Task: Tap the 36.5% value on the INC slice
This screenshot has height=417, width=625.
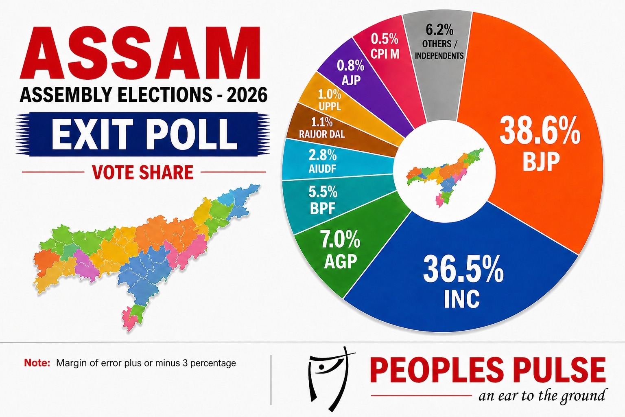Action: click(x=463, y=270)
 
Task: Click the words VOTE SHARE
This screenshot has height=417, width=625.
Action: click(x=143, y=172)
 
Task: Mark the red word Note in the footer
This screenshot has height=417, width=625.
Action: click(x=37, y=363)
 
